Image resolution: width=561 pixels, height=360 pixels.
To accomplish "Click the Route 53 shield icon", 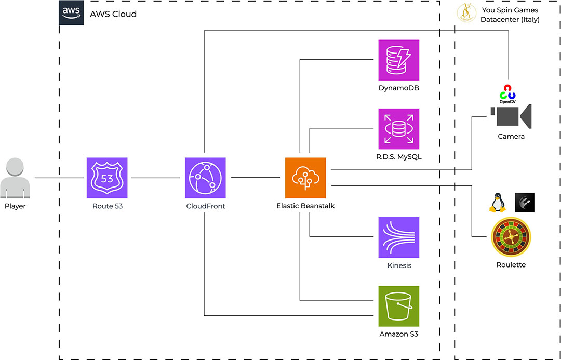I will [x=106, y=178].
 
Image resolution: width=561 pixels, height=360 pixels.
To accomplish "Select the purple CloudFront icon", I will [x=205, y=178].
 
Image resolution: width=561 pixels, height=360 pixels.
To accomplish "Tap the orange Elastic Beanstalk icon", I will [x=305, y=178].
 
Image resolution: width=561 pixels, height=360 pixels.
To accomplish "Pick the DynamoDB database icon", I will [x=398, y=60].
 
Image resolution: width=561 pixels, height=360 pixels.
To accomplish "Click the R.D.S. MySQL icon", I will [x=398, y=128].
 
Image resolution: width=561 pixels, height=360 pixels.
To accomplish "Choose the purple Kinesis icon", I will [x=398, y=237].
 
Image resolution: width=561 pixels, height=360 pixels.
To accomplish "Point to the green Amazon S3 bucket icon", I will [x=398, y=306].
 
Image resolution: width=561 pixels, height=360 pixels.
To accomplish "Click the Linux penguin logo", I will [x=497, y=203].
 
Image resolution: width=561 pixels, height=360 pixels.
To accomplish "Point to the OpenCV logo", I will [x=507, y=93].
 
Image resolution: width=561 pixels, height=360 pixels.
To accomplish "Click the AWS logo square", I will [x=71, y=13].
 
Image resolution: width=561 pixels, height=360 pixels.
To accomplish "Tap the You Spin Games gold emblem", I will [x=466, y=14].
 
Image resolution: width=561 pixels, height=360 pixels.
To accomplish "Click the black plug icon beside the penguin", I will [x=524, y=203].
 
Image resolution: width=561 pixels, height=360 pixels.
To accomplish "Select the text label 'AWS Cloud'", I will [x=113, y=14].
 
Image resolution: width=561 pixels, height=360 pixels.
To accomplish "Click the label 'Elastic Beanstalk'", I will [x=305, y=206].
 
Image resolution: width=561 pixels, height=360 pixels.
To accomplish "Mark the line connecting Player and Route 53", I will [x=59, y=178].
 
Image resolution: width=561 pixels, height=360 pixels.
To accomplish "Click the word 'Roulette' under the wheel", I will [x=511, y=265].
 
